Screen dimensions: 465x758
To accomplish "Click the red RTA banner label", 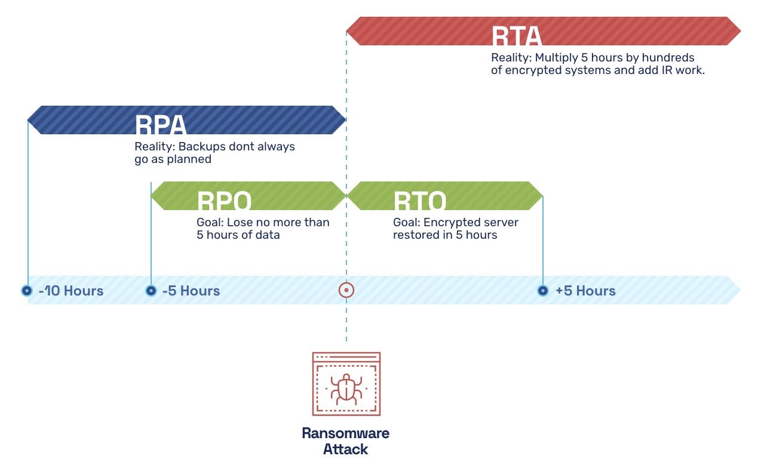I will [x=516, y=37].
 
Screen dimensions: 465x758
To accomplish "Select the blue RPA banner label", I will [x=161, y=125].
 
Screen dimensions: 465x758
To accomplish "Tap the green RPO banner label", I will [x=224, y=201].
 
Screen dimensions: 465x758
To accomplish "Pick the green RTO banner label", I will [x=420, y=201].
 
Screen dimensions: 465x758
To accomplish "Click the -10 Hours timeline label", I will [x=71, y=291].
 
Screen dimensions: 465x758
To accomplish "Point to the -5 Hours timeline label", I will [x=191, y=291].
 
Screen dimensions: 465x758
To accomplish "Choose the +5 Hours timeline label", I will [x=585, y=291].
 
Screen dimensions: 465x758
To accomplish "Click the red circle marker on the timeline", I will [x=346, y=291].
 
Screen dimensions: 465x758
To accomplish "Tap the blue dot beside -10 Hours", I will [x=27, y=291].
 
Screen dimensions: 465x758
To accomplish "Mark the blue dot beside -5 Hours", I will [x=151, y=291].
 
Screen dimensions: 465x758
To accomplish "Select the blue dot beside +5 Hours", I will [x=542, y=291].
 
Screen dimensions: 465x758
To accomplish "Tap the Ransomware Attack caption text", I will [x=346, y=441].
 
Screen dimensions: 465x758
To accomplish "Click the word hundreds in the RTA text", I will [x=668, y=58].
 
